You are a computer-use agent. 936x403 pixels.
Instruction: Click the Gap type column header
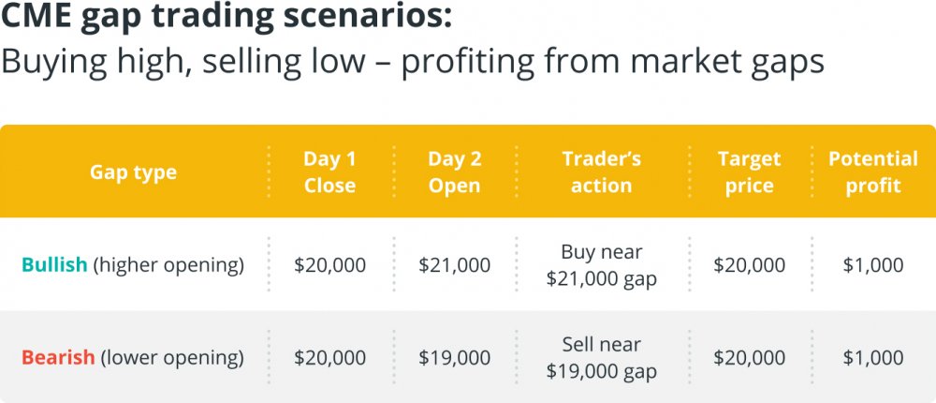pos(133,172)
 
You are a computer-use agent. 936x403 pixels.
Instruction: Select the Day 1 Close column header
pos(329,172)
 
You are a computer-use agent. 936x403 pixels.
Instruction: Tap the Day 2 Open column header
pos(454,172)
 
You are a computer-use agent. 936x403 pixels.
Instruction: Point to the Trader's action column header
pos(601,172)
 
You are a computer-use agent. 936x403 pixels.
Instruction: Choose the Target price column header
pos(749,172)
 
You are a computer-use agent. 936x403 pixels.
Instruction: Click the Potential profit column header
pos(872,172)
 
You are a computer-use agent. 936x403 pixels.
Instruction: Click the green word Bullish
pos(54,264)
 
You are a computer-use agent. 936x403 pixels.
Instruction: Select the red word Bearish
pos(58,358)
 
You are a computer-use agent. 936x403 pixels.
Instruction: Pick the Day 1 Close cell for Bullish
pos(329,265)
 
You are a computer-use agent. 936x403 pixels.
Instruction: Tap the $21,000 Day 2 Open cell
pos(454,265)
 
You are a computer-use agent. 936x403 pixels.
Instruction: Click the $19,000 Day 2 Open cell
pos(454,358)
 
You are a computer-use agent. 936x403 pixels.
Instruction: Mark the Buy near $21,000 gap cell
pos(601,265)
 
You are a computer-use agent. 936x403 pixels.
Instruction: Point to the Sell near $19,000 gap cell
pos(601,358)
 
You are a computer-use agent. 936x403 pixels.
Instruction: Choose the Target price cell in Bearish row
pos(749,358)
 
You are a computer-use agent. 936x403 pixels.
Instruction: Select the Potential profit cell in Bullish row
pos(872,265)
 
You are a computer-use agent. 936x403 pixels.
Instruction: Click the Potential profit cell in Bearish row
pos(872,358)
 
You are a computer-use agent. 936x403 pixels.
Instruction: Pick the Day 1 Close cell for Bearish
pos(329,358)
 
